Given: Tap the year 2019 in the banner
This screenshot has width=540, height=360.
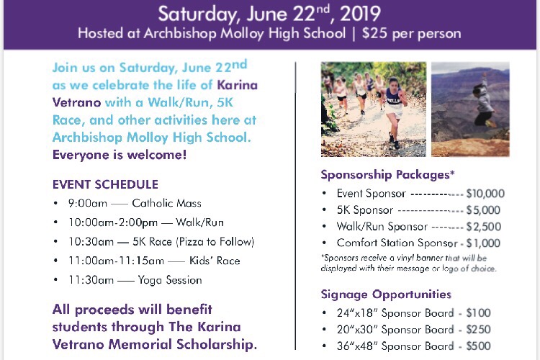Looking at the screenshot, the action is pos(360,14).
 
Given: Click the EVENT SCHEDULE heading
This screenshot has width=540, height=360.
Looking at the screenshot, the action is pos(105,184).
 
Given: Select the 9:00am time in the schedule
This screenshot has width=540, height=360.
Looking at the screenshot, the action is pos(87,203).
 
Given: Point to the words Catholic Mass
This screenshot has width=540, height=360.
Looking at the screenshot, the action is pos(167,203).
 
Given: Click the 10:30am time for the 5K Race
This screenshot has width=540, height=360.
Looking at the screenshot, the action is pos(91,242).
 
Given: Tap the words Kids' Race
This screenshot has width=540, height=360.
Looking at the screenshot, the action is pos(215,261).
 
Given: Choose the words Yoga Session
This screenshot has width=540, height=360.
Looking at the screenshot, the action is pos(170,280).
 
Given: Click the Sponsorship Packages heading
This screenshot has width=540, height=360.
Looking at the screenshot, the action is pos(388,175).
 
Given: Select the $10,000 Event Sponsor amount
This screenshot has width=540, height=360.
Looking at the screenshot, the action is pos(485,194).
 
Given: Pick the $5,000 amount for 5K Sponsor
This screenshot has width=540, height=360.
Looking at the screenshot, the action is pos(483,210).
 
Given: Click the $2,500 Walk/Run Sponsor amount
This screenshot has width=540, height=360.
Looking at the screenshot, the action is pos(484,227).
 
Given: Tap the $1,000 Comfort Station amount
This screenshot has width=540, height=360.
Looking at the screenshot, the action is pos(483,243).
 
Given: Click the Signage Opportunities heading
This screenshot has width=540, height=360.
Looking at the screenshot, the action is pos(386,294).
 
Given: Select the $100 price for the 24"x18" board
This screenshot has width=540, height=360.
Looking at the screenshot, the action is pos(478,312).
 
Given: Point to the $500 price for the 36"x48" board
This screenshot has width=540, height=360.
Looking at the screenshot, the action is pos(478,346).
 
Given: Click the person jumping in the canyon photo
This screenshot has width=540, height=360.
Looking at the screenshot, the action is pos(484,101).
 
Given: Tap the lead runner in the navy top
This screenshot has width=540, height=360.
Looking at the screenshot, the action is pos(395,111).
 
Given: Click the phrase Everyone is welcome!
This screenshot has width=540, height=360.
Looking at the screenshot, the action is pos(120,155).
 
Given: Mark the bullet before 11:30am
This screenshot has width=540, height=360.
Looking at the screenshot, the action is pos(55,280).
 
